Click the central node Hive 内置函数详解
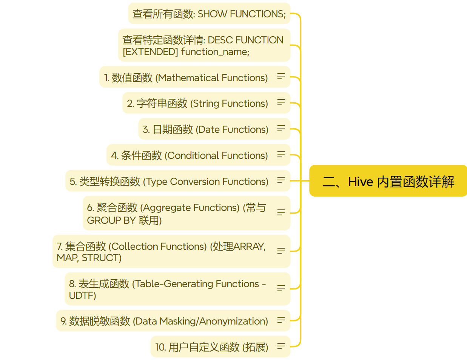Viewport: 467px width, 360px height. point(388,181)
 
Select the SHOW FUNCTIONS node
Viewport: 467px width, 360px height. point(209,14)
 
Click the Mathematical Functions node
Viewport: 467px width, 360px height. point(186,78)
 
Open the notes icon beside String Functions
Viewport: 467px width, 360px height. point(281,102)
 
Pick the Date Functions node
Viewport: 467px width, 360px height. point(205,129)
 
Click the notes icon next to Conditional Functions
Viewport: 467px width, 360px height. point(281,154)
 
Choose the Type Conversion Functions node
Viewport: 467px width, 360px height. point(169,182)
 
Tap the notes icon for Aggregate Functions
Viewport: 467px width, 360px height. point(281,212)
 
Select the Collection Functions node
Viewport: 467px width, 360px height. point(161,252)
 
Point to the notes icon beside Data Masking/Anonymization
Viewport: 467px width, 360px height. point(281,320)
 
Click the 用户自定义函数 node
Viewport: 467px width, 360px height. point(211,347)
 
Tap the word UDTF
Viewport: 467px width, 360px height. point(83,295)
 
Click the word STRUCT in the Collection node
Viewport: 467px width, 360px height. point(102,258)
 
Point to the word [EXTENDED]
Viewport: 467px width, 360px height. point(150,52)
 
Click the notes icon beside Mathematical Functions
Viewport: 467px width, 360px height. point(281,76)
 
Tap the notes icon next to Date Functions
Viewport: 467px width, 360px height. point(281,128)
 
